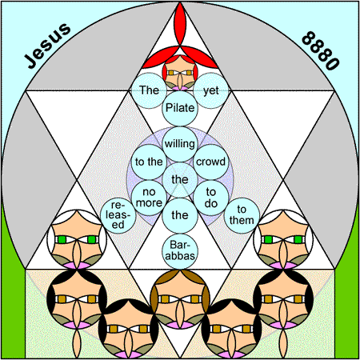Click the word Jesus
pos(47,46)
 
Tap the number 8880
pos(320,50)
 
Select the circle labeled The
pos(150,90)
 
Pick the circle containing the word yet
pos(211,90)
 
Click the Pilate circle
pos(180,108)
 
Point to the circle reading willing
pos(180,144)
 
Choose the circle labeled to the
pos(149,162)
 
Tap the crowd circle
pos(211,162)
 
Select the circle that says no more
pos(149,198)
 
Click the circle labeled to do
pos(211,198)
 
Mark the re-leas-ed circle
pos(118,215)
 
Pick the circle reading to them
pos(242,215)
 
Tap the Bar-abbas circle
pos(180,251)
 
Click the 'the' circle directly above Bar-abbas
pos(180,215)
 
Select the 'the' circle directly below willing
pos(180,180)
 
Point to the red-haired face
pos(180,73)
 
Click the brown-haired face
pos(180,299)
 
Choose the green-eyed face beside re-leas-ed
pos(77,239)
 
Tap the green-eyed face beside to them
pos(283,239)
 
